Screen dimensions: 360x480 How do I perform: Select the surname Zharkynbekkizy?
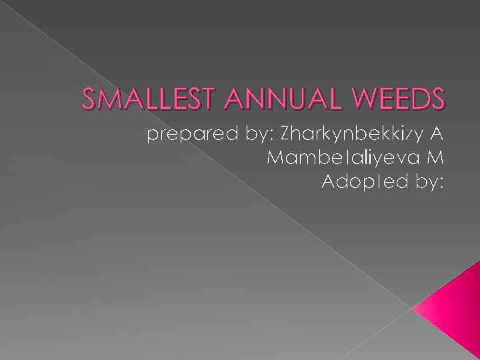[350, 135]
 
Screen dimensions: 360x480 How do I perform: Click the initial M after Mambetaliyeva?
[436, 158]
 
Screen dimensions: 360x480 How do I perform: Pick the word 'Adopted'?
[363, 181]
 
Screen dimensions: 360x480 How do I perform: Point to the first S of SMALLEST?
[88, 99]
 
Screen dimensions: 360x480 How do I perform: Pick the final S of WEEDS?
[437, 99]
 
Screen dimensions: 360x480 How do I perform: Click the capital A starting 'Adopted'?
[329, 181]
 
